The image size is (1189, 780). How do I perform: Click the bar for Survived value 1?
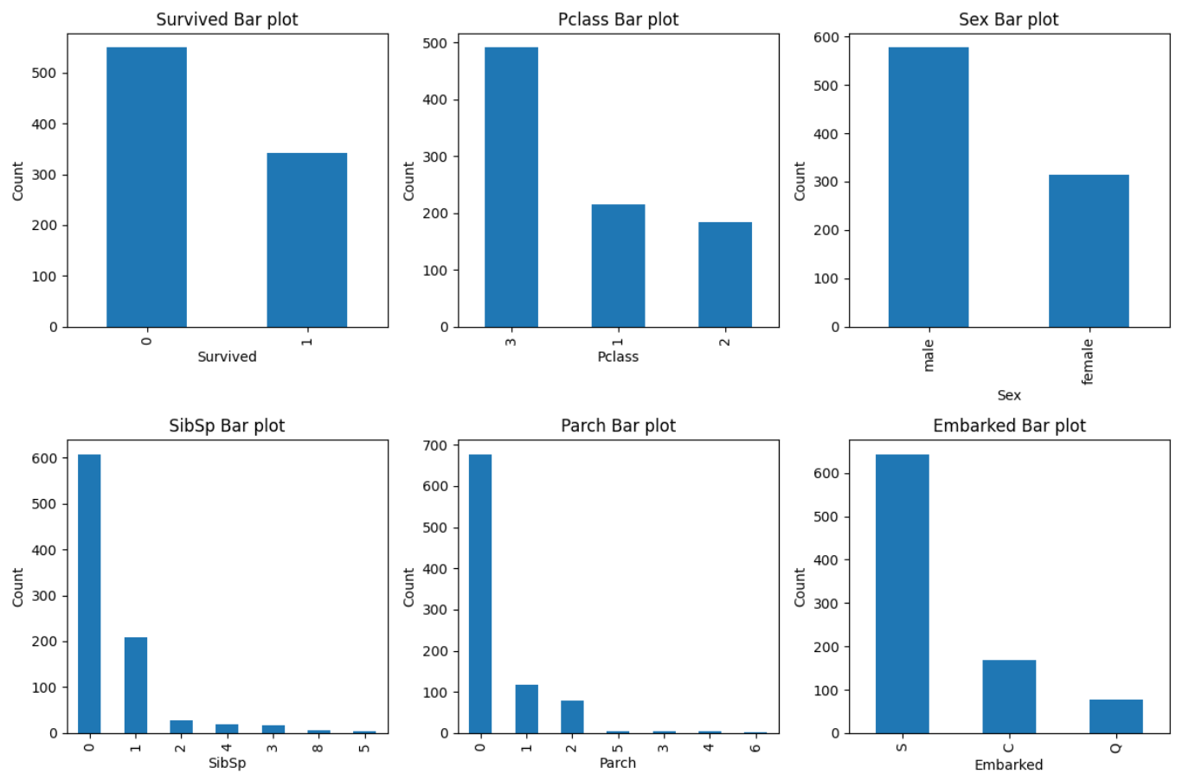click(307, 240)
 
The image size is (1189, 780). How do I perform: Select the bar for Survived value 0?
click(146, 187)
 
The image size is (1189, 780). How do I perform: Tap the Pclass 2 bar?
click(725, 275)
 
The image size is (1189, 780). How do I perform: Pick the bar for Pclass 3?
click(511, 187)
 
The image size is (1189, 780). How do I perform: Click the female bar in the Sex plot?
click(1089, 251)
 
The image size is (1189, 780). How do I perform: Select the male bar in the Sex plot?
click(929, 187)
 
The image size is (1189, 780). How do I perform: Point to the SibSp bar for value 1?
click(136, 685)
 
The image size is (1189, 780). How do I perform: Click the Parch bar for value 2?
click(572, 717)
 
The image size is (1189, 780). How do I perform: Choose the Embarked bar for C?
click(1009, 697)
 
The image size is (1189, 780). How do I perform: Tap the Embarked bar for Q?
click(1116, 716)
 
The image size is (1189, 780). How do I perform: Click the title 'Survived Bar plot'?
click(228, 20)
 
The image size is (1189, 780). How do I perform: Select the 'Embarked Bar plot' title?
click(1010, 425)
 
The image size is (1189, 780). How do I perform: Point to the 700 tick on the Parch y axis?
click(435, 445)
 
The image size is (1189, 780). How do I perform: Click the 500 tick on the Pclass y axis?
click(435, 43)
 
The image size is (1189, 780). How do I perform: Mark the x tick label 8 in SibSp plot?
click(318, 748)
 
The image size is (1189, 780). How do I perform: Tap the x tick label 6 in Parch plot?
click(755, 748)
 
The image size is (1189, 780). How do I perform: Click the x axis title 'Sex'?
click(1009, 395)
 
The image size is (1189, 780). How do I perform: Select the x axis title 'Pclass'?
click(618, 357)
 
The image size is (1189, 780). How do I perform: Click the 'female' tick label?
click(1088, 361)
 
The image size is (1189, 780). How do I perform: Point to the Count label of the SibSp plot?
click(18, 587)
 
